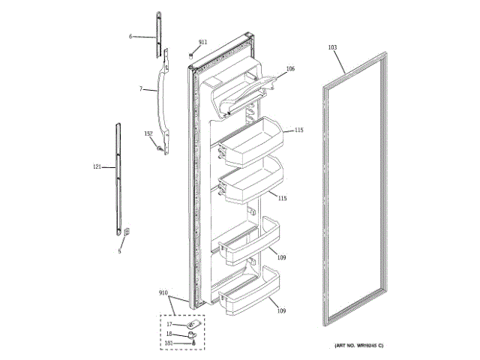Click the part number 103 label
(x=332, y=47)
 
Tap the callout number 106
(x=290, y=69)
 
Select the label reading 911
(x=202, y=42)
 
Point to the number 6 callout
(x=130, y=36)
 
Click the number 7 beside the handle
(x=141, y=89)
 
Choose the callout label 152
(x=148, y=133)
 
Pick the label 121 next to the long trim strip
(x=97, y=166)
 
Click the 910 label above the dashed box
(x=163, y=293)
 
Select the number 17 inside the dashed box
(x=169, y=324)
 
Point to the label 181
(x=169, y=343)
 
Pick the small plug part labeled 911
(x=192, y=54)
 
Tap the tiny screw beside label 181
(x=195, y=342)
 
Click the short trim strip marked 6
(x=160, y=33)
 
